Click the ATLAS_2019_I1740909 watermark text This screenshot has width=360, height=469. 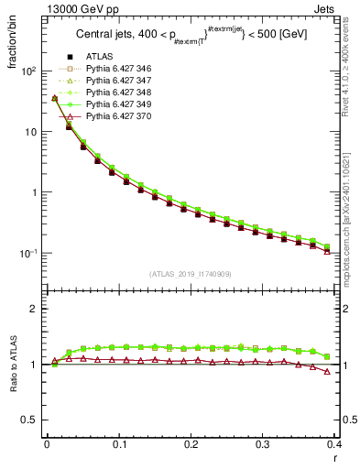click(190, 274)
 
